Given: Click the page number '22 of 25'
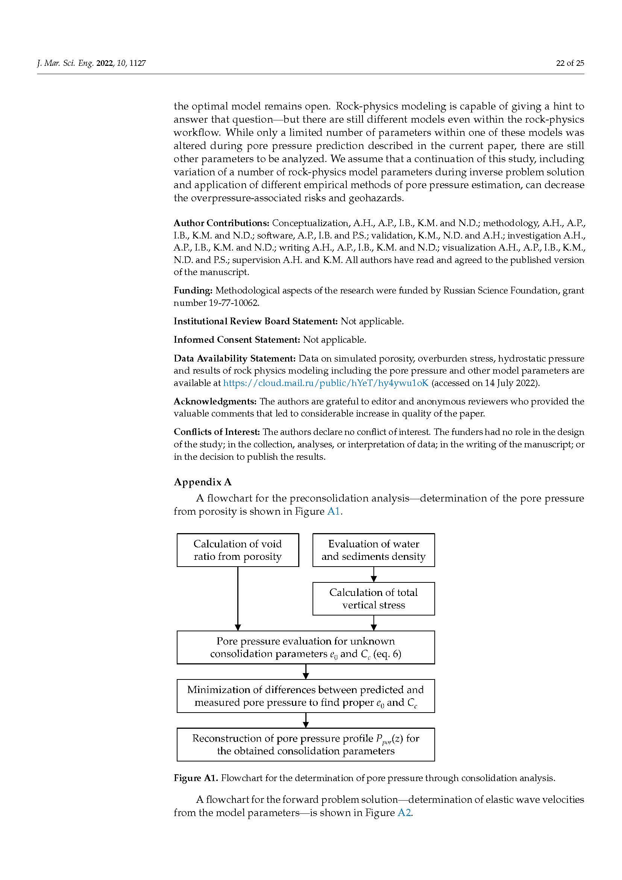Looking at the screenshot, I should coord(570,63).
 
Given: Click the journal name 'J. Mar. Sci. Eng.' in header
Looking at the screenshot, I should coord(65,63).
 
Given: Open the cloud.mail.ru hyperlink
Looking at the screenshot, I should coord(326,383).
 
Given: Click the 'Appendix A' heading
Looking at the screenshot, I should coord(203,482).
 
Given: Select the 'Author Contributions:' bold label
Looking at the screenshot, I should coord(221,223).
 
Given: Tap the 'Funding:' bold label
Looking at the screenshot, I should coord(193,290).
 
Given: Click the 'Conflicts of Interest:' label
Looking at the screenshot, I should coord(217,432).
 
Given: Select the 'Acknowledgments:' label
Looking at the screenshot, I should coord(215,401).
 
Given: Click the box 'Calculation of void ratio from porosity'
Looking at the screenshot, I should coord(237,550).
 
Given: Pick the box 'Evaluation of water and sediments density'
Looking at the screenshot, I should coord(373,550).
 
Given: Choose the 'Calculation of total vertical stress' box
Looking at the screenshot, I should coord(373,599).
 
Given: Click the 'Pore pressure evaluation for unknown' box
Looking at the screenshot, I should coord(305,647).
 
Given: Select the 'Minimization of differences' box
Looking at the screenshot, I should coord(305,696).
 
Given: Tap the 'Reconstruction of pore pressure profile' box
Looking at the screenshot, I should coord(305,745).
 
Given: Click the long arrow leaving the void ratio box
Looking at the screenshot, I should coord(237,598).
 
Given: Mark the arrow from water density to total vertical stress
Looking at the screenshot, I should coord(373,574).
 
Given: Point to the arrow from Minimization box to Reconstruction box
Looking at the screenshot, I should coord(305,720).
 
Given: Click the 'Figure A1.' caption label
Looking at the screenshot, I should coord(196,778).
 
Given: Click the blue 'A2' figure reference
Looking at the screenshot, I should coord(404,813).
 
